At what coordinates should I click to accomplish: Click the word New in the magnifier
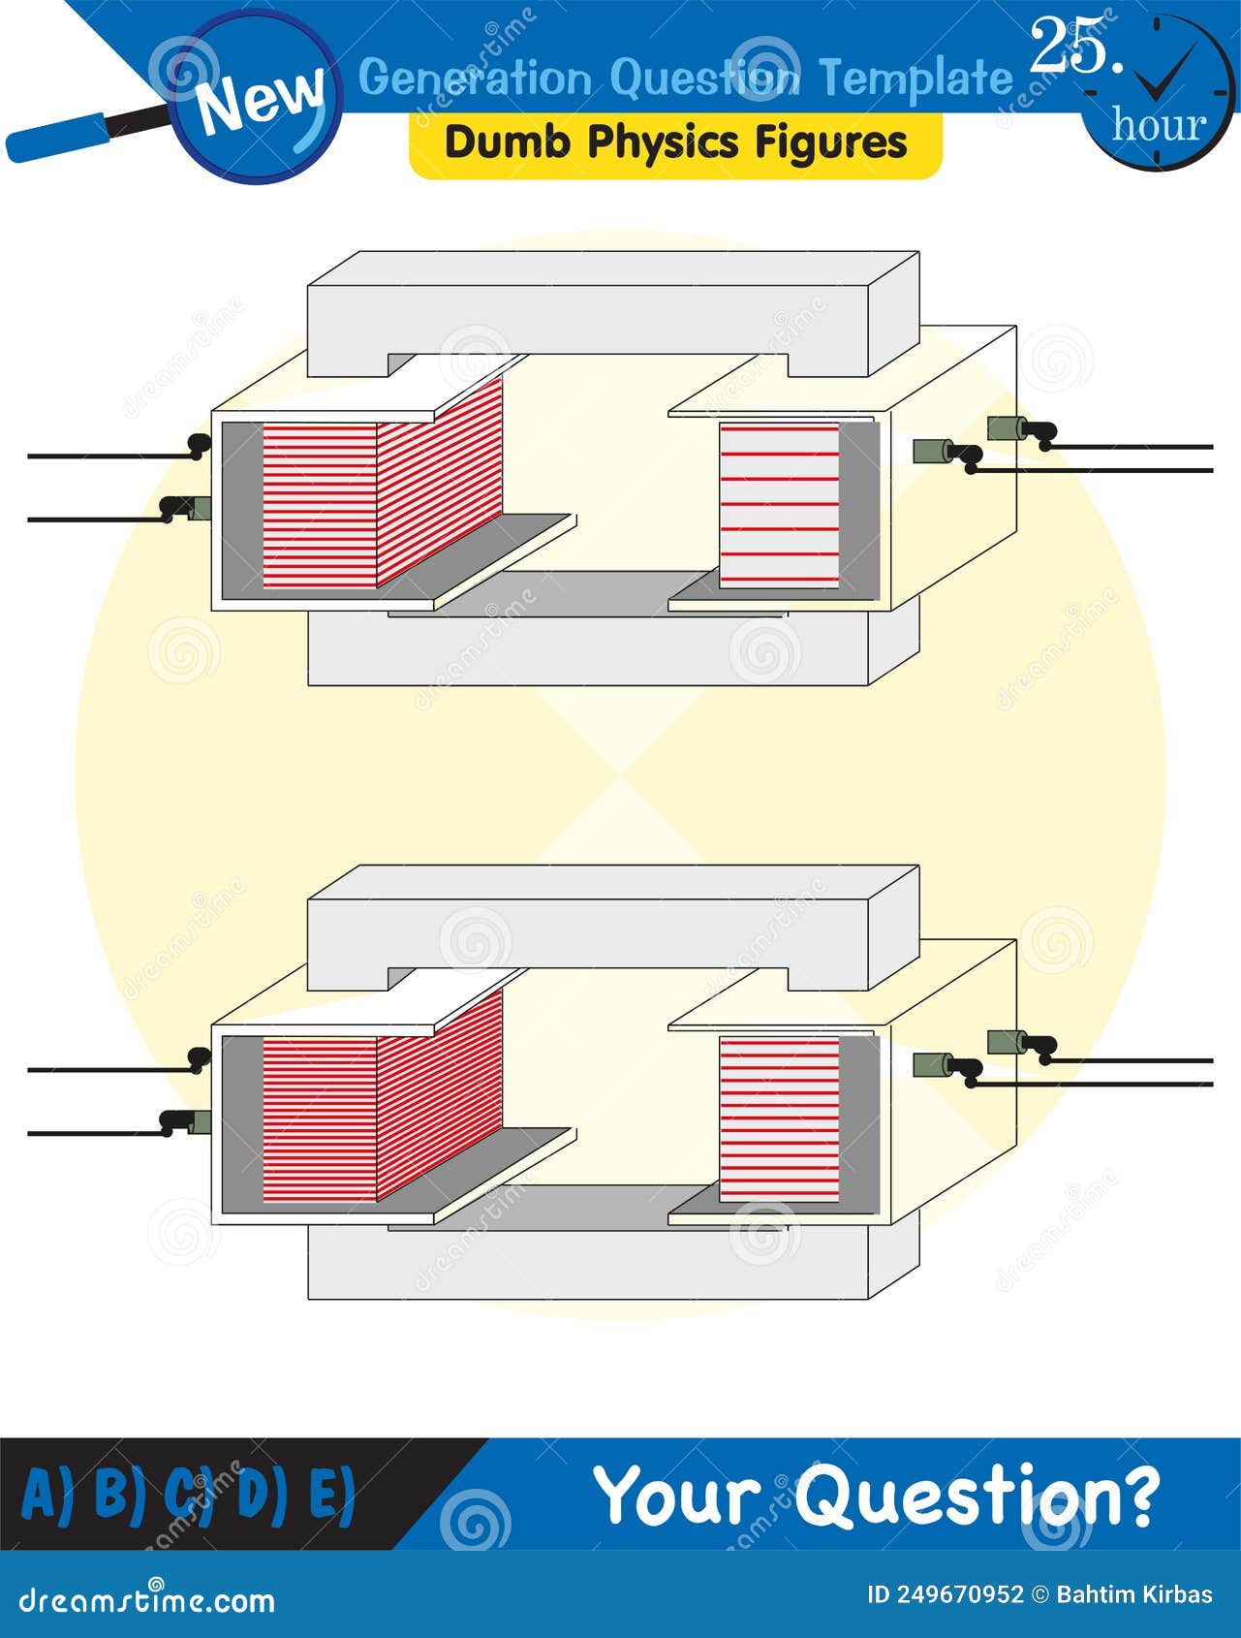tap(262, 99)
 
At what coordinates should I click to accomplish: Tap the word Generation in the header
tap(475, 79)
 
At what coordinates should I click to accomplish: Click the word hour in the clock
tap(1160, 125)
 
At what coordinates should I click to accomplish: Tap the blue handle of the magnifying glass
tap(57, 138)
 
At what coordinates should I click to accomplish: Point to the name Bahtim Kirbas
tap(1134, 1594)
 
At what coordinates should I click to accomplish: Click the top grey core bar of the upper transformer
tap(613, 312)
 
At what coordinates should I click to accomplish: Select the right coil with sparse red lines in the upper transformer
tap(779, 505)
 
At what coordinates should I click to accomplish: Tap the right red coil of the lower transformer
tap(779, 1119)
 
